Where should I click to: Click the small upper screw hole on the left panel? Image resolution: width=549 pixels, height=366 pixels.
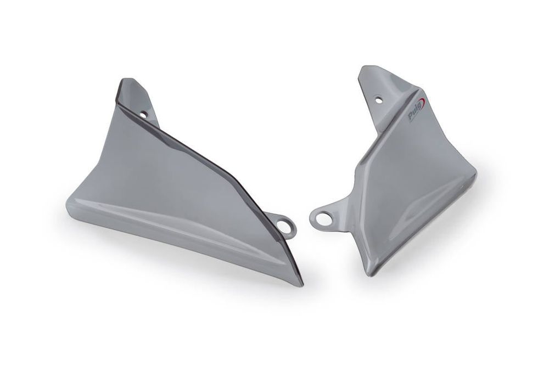143,115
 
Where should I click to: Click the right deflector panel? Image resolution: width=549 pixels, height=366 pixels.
412,176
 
